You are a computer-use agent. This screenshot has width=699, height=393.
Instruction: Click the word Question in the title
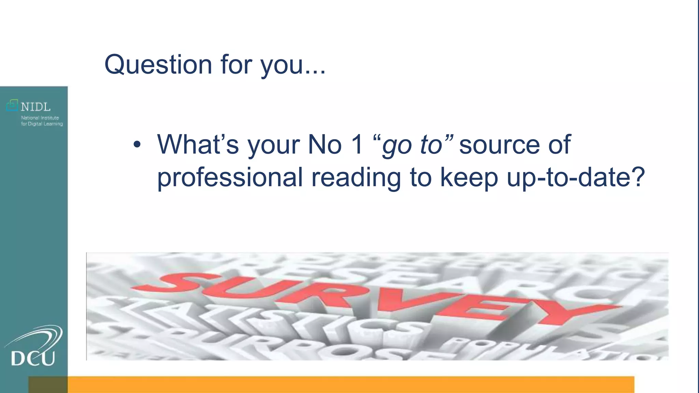158,65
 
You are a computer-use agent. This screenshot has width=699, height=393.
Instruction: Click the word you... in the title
293,65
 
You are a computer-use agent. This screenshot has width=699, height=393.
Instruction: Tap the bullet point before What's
137,145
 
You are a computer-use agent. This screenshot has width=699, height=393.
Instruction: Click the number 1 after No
357,145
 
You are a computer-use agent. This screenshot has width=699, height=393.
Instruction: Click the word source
499,145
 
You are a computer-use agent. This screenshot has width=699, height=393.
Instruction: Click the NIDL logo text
35,107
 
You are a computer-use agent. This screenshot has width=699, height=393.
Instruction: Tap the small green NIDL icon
12,105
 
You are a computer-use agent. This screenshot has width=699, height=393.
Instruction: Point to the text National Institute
40,118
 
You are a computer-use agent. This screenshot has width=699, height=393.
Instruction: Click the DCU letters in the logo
33,359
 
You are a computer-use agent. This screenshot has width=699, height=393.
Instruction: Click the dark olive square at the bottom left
48,384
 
